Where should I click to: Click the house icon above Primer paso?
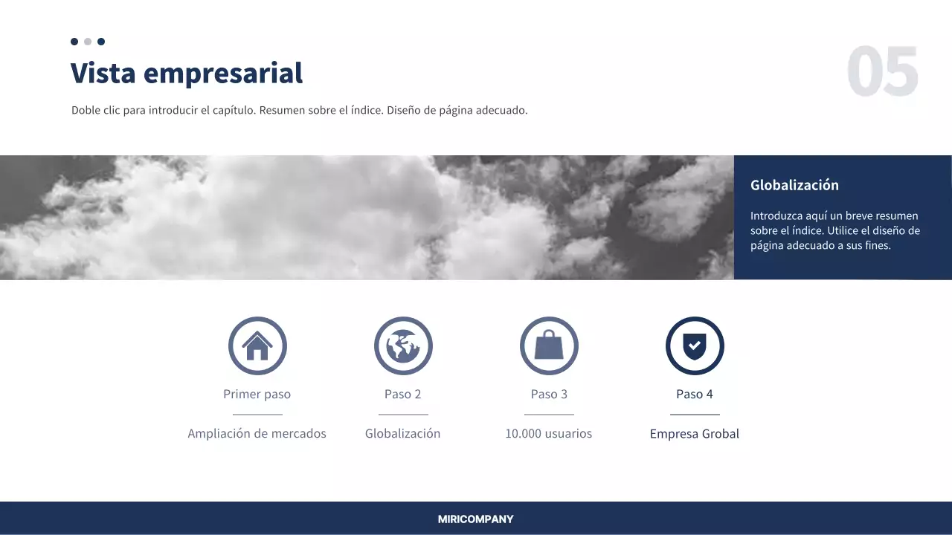tap(257, 346)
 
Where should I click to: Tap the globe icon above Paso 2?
tap(403, 346)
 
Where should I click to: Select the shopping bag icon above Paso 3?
tap(549, 346)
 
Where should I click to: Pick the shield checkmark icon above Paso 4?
tap(695, 346)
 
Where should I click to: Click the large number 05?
tap(883, 72)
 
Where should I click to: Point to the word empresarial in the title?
tap(223, 74)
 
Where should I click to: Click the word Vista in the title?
tap(103, 74)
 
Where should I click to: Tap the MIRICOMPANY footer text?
tap(476, 519)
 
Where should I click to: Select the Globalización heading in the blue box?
tap(794, 186)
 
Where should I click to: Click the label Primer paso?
tap(257, 395)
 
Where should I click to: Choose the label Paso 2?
tap(403, 395)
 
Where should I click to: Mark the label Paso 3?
tap(549, 395)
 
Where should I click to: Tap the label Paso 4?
tap(695, 395)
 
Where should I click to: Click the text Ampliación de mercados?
tap(257, 434)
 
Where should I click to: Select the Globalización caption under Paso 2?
tap(403, 434)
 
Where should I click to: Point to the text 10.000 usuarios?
tap(549, 434)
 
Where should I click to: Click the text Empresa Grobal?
tap(695, 434)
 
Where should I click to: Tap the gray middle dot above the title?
tap(88, 42)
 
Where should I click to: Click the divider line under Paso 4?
tap(695, 415)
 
